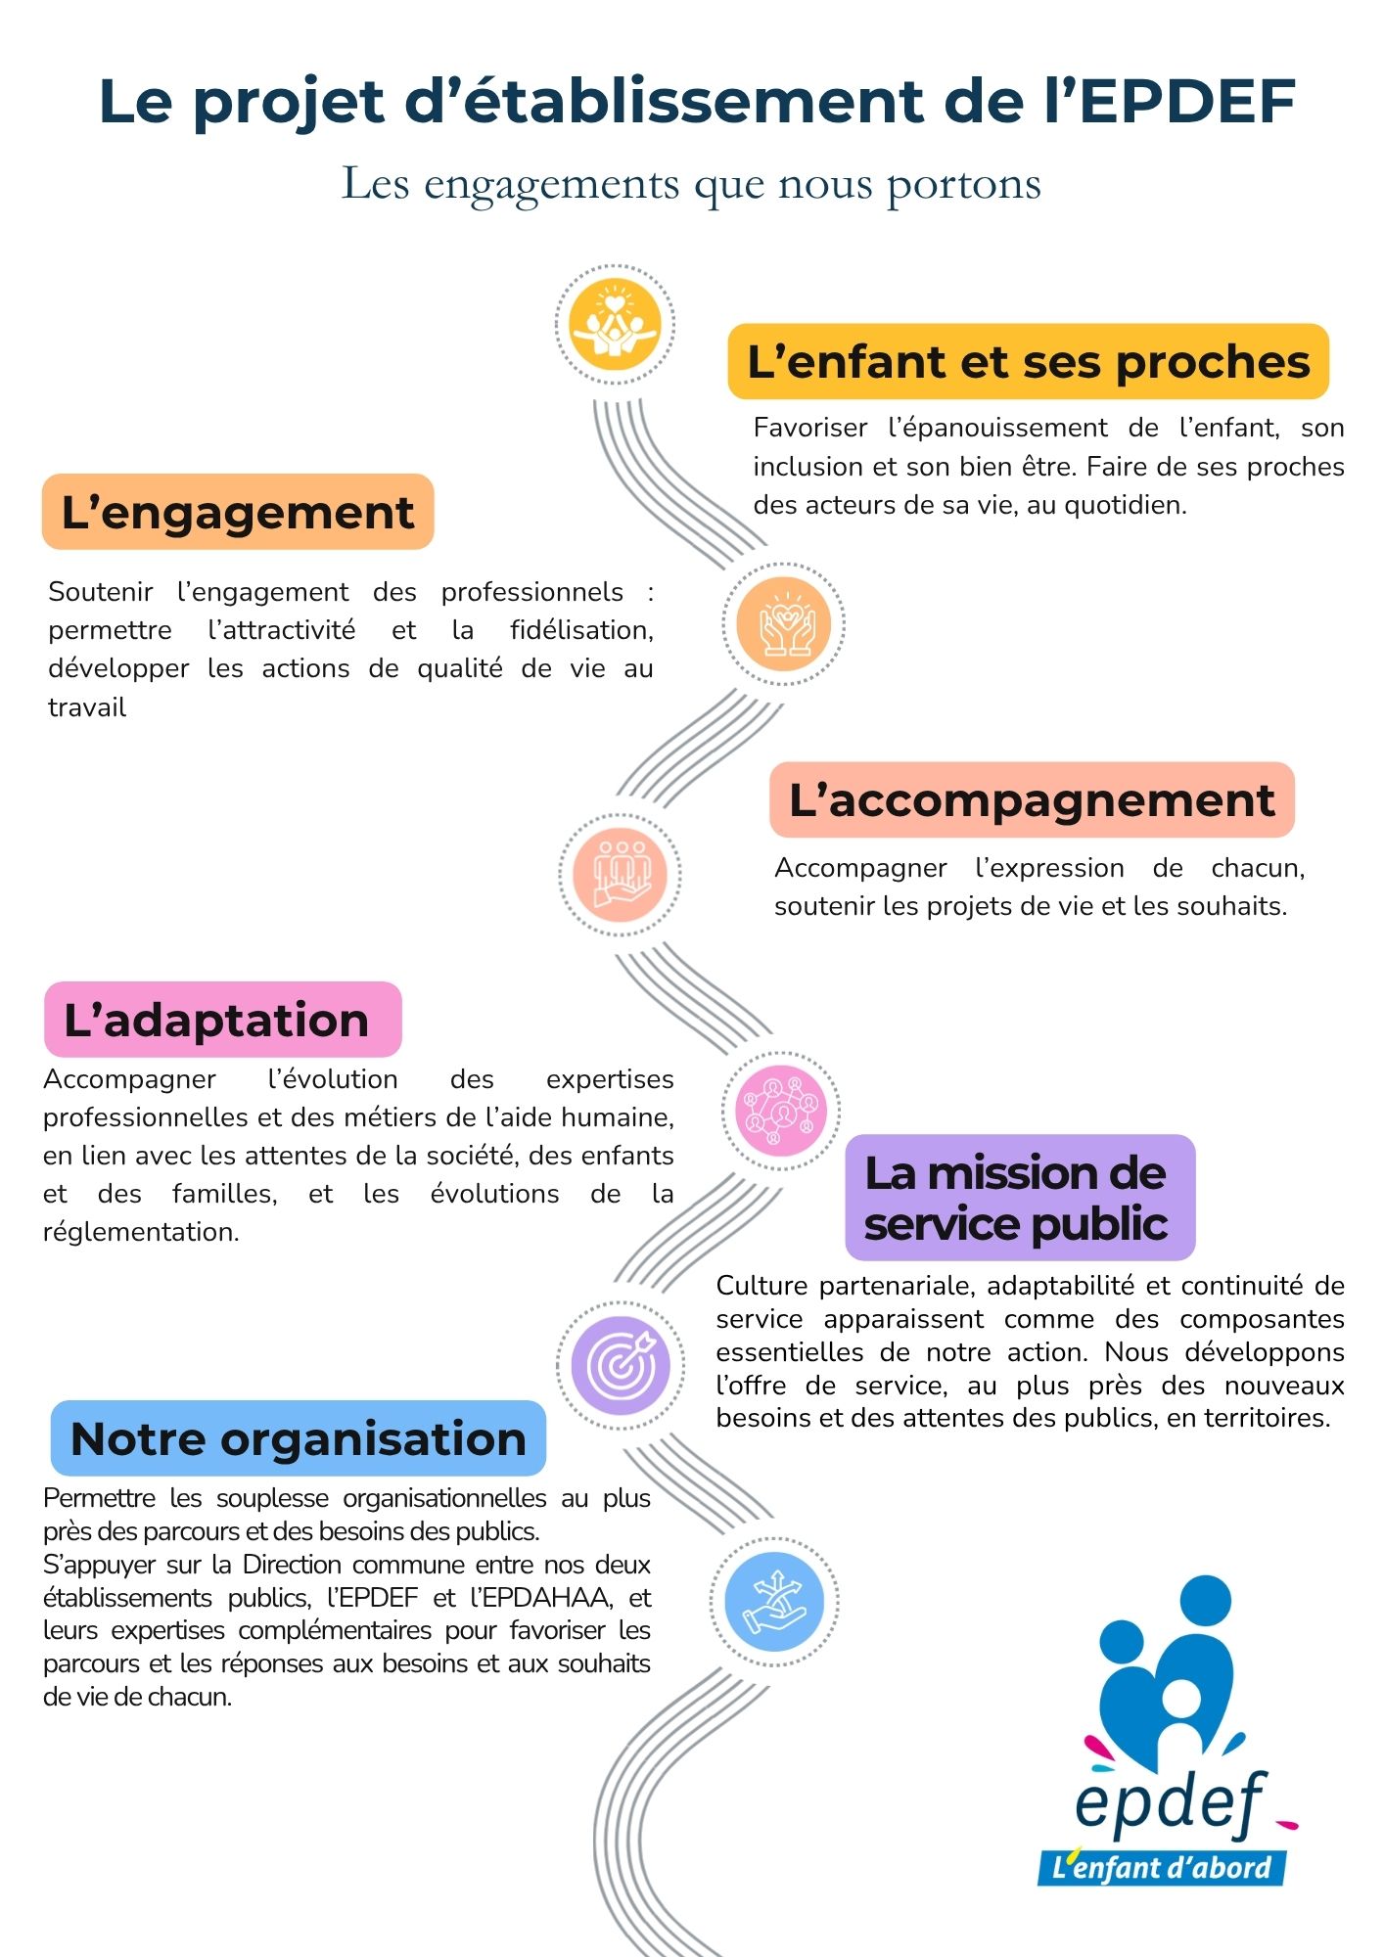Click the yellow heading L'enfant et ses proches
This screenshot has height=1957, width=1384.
(x=1028, y=362)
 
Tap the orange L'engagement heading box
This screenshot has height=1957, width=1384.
(x=238, y=512)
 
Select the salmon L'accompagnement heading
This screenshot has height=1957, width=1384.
(x=1032, y=800)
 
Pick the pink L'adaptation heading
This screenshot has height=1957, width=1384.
(x=222, y=1020)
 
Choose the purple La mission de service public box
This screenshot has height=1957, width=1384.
(x=1020, y=1198)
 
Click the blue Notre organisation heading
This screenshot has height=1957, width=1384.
(x=299, y=1438)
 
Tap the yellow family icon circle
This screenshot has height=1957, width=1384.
(x=615, y=324)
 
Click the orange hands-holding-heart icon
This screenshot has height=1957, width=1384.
(x=783, y=624)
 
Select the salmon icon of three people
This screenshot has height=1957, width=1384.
(x=620, y=874)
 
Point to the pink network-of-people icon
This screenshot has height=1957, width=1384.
(x=781, y=1112)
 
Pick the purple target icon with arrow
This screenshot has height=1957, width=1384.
(x=621, y=1365)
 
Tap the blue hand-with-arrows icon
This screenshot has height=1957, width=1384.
(x=774, y=1602)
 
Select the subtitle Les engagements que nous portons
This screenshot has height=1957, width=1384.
(x=691, y=184)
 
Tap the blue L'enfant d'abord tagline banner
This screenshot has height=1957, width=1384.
(x=1162, y=1867)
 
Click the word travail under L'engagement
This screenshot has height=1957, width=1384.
(x=87, y=707)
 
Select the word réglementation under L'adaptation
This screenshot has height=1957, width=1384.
(x=141, y=1232)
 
